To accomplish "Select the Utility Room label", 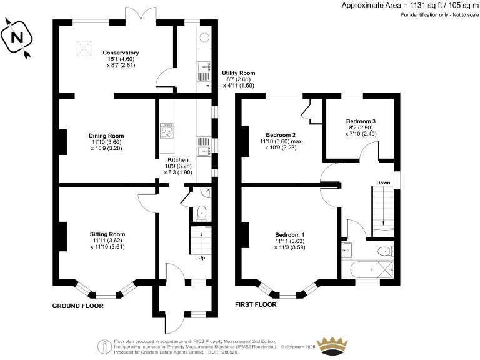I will coord(238,73).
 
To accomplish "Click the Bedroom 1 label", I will coord(290,234).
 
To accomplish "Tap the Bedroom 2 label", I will coord(281,135).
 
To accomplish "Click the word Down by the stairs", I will coord(383,183).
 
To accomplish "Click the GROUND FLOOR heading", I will coord(78,306).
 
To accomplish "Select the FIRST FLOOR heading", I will coord(256,305).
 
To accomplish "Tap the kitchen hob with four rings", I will coord(167,131).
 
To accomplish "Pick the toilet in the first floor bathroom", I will coord(386,251).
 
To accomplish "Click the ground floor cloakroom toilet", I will coord(201,214).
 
